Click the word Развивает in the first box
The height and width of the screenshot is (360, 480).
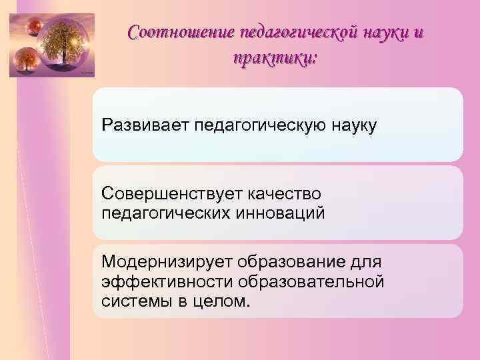[x=145, y=125]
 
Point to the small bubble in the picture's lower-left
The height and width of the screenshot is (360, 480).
[x=25, y=61]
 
